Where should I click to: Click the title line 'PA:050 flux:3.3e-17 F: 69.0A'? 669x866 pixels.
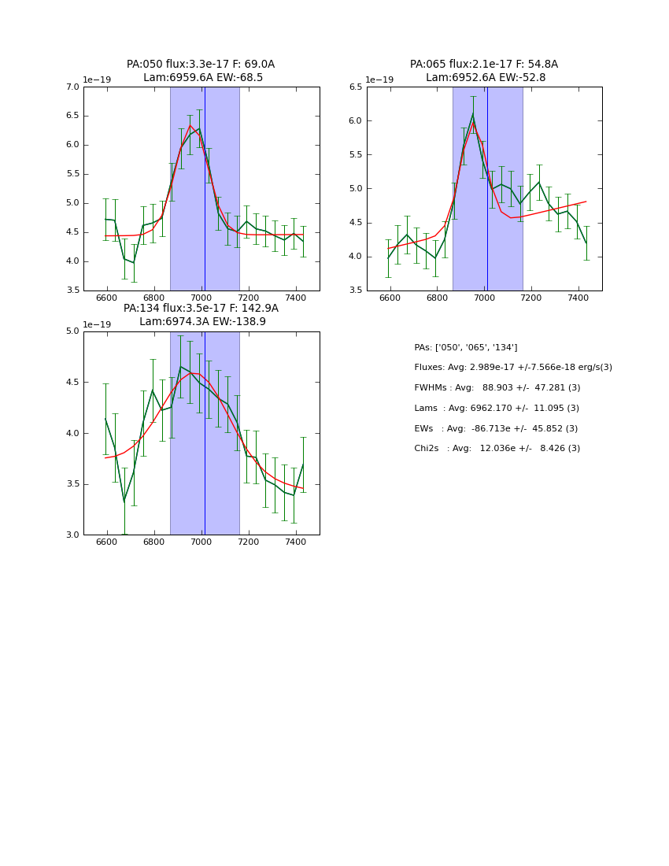point(201,65)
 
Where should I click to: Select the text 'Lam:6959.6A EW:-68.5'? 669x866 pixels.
point(203,78)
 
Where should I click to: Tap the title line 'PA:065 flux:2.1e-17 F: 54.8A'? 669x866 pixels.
point(484,65)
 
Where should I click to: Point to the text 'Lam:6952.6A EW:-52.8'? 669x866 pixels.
point(486,78)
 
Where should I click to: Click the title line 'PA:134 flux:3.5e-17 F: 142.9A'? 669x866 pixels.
point(201,309)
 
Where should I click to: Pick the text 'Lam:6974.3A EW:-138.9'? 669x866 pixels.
point(202,322)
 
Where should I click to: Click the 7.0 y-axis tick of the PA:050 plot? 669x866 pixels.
point(72,87)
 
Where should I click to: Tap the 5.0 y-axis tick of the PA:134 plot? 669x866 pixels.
point(72,331)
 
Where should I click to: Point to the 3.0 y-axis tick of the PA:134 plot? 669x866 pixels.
point(72,535)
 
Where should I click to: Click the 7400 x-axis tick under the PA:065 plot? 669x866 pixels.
point(578,298)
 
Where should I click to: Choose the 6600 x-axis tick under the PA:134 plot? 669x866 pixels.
point(107,542)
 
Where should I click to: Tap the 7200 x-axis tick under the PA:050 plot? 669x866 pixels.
point(249,298)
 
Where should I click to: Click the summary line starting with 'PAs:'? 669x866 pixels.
point(466,348)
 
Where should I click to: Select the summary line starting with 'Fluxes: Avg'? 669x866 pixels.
point(513,368)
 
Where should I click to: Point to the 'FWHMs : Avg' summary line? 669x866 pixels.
point(497,388)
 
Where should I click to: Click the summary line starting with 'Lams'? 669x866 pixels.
point(497,409)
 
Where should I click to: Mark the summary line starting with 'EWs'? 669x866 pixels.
point(497,429)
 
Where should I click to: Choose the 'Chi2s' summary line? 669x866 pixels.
point(497,449)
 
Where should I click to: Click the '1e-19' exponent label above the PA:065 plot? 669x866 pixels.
point(379,80)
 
